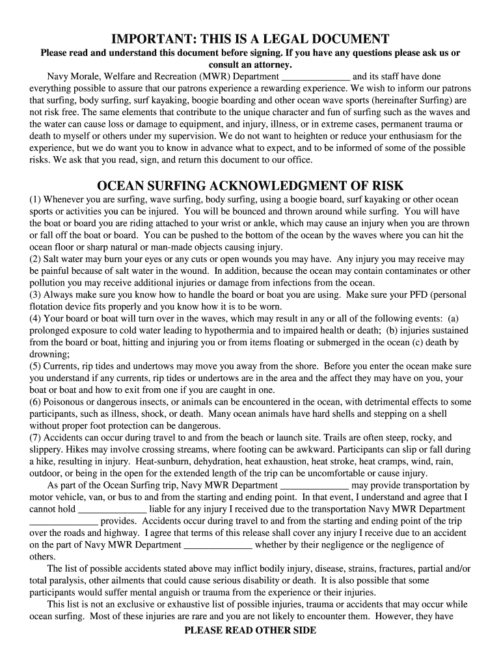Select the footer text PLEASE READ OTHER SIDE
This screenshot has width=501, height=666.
tap(251, 630)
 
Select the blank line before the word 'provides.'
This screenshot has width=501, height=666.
tap(64, 521)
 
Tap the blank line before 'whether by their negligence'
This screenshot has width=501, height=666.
tap(218, 545)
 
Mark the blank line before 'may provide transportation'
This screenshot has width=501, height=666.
tap(315, 485)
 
